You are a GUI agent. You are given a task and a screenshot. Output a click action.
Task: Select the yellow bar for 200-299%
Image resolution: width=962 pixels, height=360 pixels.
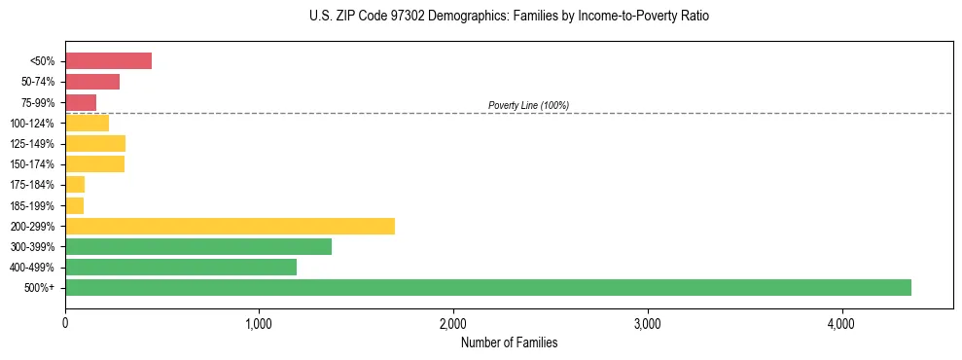click(230, 226)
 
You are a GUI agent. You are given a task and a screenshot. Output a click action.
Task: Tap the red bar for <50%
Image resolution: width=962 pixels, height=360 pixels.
click(108, 61)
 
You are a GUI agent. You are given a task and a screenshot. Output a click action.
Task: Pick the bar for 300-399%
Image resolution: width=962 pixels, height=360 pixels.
click(198, 246)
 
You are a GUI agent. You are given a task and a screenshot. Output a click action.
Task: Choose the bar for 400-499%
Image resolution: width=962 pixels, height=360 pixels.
click(181, 267)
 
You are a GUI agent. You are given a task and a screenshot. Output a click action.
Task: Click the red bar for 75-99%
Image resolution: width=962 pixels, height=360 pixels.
click(81, 102)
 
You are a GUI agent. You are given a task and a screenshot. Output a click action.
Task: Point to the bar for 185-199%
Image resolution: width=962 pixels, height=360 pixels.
click(75, 205)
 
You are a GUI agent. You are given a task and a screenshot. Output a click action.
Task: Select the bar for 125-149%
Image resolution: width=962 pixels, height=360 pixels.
click(95, 143)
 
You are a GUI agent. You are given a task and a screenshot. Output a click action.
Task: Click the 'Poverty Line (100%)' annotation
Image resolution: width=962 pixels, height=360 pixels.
click(528, 105)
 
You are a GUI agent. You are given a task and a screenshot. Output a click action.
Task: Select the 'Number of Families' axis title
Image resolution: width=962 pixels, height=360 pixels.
click(509, 342)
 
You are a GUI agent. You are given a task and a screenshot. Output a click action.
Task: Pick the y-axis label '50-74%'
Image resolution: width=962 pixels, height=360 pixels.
click(38, 82)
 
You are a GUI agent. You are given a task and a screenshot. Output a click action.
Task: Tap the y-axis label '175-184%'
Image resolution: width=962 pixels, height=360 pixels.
click(34, 185)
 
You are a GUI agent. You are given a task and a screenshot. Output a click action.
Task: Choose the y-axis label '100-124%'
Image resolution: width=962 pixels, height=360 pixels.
click(34, 123)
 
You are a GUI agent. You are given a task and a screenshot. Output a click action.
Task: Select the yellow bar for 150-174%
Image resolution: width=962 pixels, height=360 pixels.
click(94, 163)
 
